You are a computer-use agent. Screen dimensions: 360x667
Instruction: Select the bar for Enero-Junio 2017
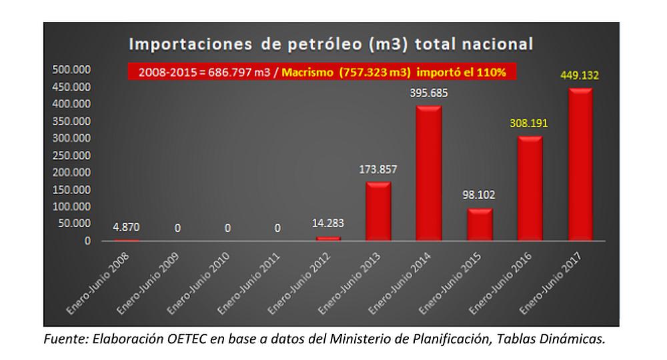[580, 165]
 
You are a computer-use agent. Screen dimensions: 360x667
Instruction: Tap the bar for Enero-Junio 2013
[379, 211]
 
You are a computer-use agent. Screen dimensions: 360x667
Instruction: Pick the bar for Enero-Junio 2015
[480, 225]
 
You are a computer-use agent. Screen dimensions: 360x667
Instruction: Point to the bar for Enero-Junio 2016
[530, 189]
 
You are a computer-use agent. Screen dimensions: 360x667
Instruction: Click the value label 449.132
[579, 76]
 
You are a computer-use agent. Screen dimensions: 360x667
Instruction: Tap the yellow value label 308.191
[529, 125]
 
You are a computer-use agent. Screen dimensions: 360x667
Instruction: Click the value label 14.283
[328, 223]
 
